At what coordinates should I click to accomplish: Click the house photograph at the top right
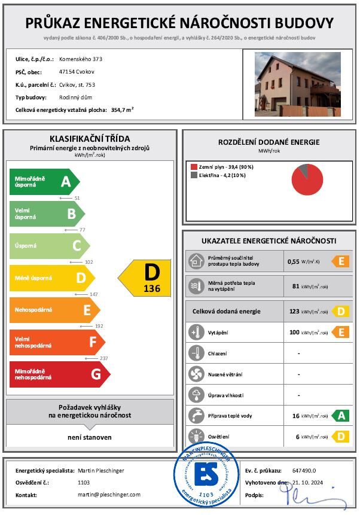point(298,83)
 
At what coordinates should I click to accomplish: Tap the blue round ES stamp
point(205,475)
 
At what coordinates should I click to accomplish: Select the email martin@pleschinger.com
point(109,495)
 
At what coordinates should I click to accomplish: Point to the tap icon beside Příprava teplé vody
point(196,416)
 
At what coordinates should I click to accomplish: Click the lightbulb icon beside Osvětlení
point(196,436)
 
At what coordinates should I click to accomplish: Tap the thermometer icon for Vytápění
point(196,333)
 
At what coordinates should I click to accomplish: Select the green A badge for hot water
point(340,416)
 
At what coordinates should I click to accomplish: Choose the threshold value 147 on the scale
point(93,294)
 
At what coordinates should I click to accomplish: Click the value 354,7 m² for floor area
point(122,110)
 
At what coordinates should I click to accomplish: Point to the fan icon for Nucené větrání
point(196,374)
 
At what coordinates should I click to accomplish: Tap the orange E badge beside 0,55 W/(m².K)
point(340,261)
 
